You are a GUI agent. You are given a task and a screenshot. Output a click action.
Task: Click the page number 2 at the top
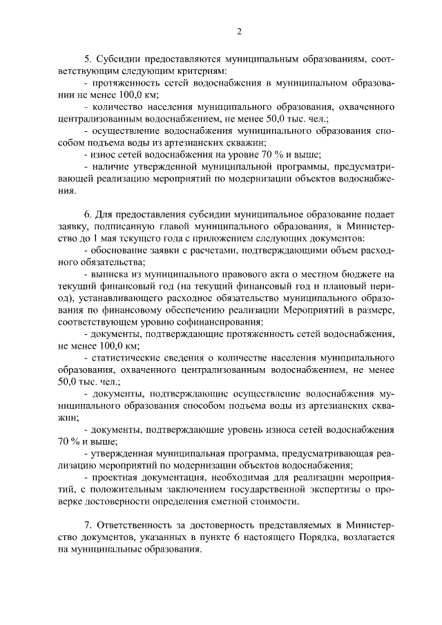click(239, 31)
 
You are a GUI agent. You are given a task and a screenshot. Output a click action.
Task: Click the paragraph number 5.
click(86, 59)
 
